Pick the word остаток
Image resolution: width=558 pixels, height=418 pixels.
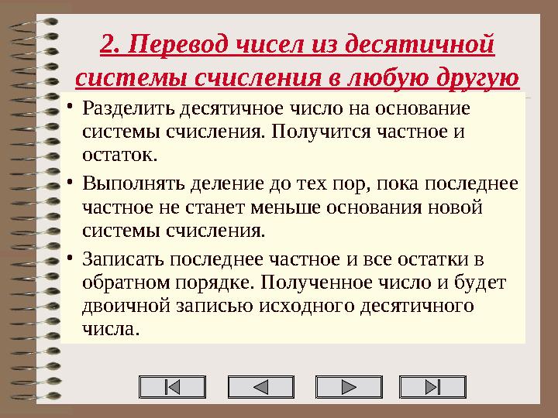click(119, 154)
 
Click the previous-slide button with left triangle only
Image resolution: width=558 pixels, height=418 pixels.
click(262, 386)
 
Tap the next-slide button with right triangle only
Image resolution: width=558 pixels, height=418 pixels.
click(350, 386)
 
